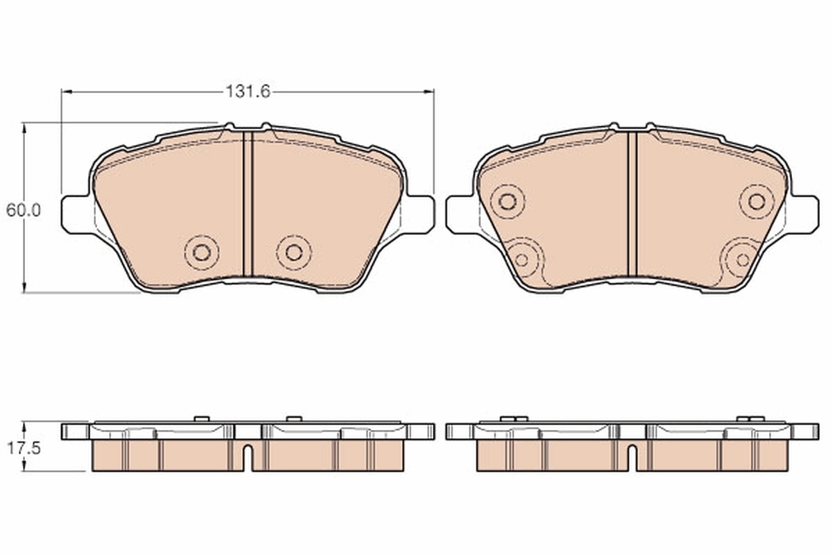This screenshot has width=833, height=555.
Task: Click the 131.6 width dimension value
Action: point(247,91)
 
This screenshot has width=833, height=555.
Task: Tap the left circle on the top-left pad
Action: point(201,252)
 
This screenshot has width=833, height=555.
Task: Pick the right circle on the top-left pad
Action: point(294,252)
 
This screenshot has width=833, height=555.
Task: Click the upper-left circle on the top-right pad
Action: point(507,202)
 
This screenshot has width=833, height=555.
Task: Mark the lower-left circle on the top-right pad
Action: point(522,260)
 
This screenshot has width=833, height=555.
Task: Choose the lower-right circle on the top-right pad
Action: point(743,260)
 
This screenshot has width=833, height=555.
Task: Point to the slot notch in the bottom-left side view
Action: point(248,458)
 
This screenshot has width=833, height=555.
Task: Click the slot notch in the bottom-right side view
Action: point(632,458)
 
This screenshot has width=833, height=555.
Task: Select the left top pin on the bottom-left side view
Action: point(201,418)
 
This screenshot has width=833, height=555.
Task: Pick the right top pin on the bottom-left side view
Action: point(294,418)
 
